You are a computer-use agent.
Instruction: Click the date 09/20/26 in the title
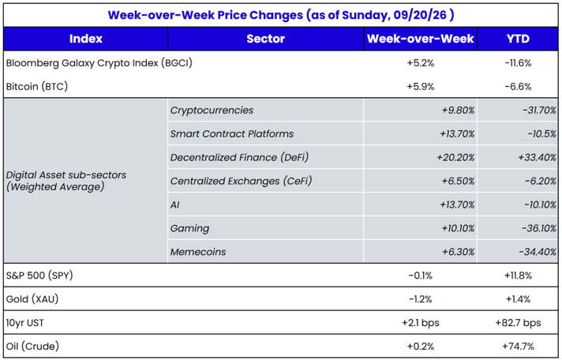[420, 15]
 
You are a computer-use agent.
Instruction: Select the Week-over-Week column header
[421, 39]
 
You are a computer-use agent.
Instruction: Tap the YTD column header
[518, 39]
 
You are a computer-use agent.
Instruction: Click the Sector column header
[265, 39]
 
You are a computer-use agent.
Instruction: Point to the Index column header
[86, 39]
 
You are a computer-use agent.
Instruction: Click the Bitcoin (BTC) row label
[37, 86]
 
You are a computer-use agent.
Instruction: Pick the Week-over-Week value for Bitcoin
[421, 86]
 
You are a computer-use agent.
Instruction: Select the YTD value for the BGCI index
[518, 63]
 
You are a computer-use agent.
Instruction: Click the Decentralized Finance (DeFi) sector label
[239, 157]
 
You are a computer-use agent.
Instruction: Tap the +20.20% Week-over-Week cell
[455, 157]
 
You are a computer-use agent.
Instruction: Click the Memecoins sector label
[198, 252]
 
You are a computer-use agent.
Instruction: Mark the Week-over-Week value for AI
[457, 204]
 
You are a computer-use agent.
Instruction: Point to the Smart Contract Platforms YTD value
[541, 133]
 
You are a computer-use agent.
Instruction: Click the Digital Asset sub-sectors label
[66, 181]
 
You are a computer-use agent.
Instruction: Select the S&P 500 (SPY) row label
[39, 276]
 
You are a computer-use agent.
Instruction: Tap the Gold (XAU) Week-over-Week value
[421, 299]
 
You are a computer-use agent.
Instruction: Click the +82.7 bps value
[518, 323]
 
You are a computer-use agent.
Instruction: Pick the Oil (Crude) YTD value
[518, 347]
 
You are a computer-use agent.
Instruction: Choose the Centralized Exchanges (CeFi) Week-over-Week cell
[459, 181]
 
